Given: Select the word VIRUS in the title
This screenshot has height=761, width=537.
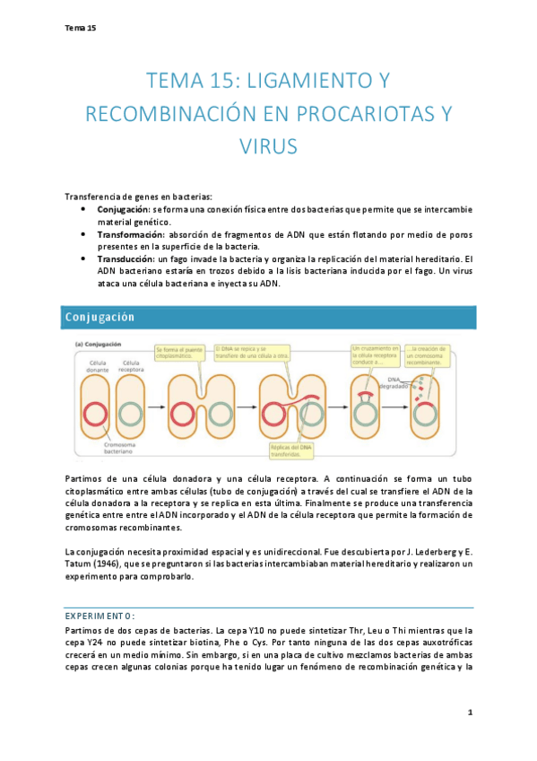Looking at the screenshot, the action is pos(268,145).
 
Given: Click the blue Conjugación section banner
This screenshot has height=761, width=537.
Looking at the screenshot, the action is pos(268,317).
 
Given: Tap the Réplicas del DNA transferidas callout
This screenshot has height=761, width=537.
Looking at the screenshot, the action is pos(291,450).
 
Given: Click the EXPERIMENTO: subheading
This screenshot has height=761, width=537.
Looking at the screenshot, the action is pos(101,616).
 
